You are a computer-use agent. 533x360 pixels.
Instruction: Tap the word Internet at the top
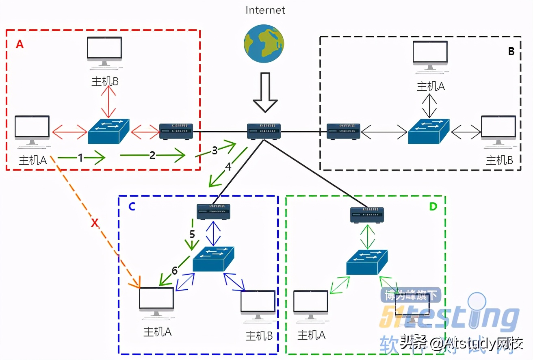click(265, 10)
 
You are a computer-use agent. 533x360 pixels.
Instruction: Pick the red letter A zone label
click(19, 44)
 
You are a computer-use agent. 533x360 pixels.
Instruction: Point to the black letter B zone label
click(511, 52)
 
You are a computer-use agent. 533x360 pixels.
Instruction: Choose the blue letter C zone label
click(132, 206)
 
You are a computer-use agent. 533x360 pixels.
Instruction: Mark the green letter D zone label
click(433, 206)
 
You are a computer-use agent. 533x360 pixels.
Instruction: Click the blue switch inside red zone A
click(109, 131)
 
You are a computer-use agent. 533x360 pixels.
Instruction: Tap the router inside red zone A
click(176, 131)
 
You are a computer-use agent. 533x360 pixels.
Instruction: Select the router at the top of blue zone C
click(213, 211)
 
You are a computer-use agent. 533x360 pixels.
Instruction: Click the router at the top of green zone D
click(367, 215)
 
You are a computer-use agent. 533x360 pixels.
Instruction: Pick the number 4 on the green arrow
click(228, 167)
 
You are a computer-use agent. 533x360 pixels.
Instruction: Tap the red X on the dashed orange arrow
click(95, 223)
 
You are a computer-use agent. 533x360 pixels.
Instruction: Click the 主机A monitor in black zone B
click(430, 56)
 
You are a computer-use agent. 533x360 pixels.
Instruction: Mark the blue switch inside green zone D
click(367, 262)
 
